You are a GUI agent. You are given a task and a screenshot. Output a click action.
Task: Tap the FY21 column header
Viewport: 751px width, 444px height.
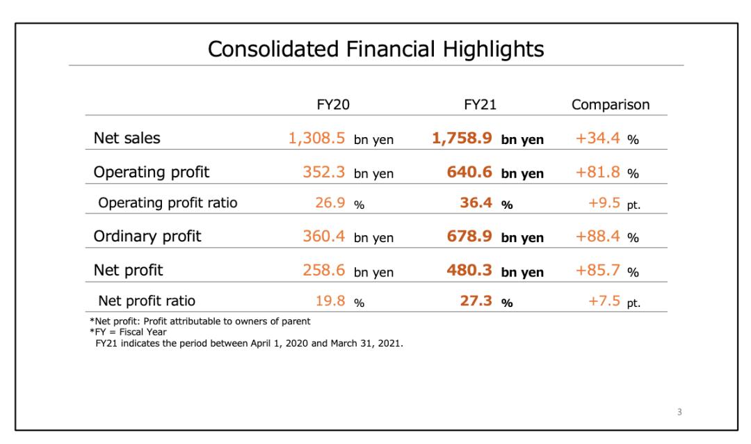click(479, 105)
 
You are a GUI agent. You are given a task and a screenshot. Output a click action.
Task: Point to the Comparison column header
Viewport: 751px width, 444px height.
click(611, 105)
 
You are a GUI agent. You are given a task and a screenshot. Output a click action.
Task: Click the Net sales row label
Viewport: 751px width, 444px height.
click(127, 138)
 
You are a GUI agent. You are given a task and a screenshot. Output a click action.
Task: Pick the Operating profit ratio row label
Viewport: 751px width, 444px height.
click(168, 203)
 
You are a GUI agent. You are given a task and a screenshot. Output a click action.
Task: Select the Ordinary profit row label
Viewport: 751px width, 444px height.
click(147, 236)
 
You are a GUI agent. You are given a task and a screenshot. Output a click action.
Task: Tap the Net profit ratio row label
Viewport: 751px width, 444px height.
click(147, 301)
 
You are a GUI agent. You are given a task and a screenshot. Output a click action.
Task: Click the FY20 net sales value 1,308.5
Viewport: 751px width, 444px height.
click(316, 138)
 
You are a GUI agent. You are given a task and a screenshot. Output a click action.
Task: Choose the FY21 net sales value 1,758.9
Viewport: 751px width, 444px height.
click(462, 138)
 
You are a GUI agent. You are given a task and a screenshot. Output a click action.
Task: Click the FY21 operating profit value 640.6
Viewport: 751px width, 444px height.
click(471, 171)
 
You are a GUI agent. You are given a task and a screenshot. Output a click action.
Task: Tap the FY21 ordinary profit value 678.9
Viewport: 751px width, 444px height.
click(471, 236)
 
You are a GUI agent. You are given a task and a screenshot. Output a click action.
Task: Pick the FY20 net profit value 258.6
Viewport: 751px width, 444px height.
click(324, 269)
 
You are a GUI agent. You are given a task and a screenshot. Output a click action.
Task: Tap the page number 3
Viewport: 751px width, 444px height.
click(679, 412)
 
